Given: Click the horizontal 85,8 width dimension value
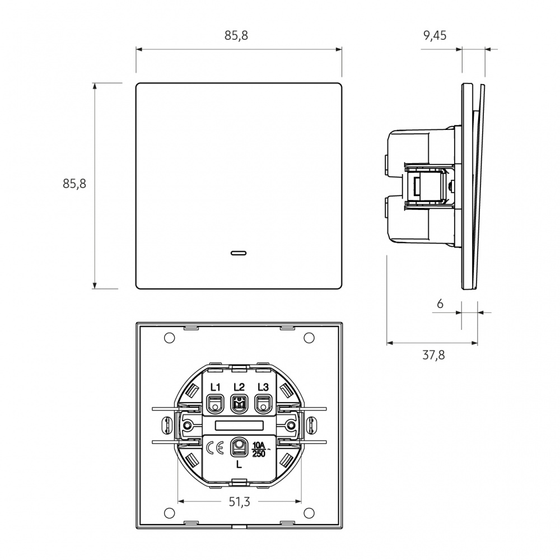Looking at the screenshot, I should (236, 35).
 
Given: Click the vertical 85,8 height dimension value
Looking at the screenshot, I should (74, 183).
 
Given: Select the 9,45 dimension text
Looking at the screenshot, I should (435, 36).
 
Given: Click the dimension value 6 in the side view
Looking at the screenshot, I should (440, 304).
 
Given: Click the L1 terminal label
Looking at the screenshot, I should (216, 387).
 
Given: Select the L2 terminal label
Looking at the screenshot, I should (239, 387).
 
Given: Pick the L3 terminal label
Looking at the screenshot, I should (263, 387).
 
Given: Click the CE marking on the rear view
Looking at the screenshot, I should (215, 449).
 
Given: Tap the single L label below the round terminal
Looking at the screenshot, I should (239, 465).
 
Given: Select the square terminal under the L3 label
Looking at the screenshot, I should (263, 402).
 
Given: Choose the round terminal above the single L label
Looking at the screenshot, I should (240, 446).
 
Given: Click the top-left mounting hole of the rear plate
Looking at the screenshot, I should (169, 338).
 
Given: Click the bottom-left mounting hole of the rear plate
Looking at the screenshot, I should (169, 511).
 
